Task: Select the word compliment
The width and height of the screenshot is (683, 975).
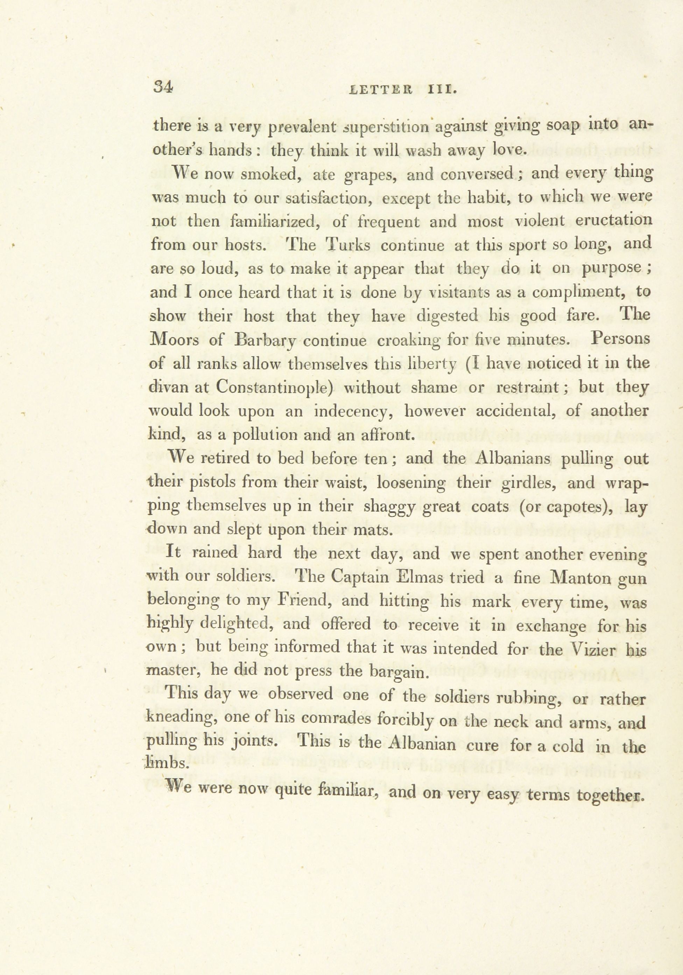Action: tap(580, 293)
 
